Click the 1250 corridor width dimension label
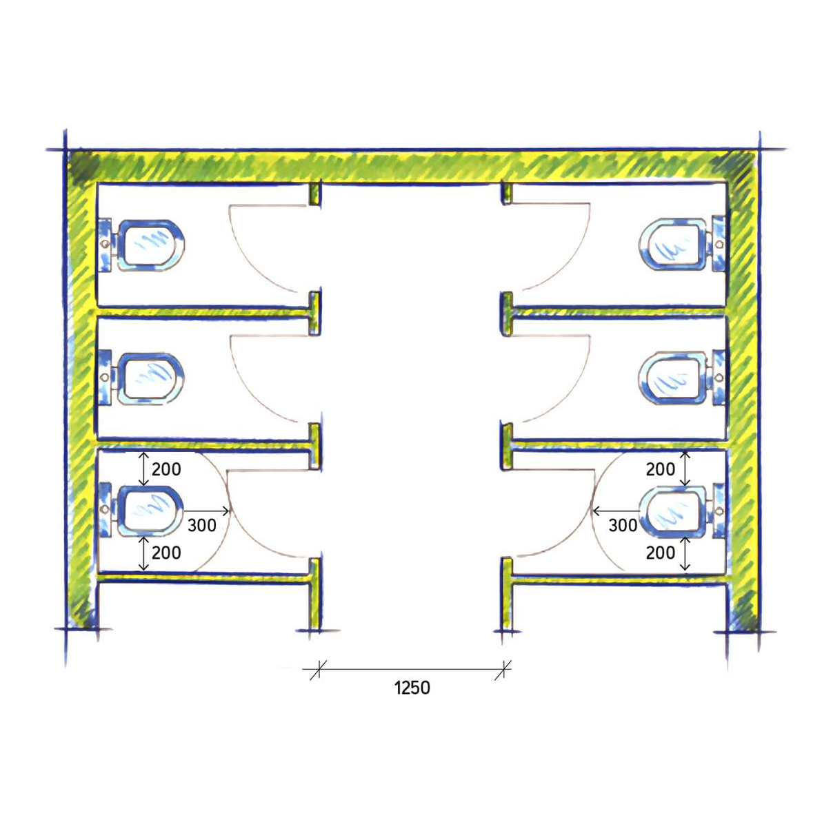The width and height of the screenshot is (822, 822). coord(412,687)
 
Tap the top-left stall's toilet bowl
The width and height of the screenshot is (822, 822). coord(150,245)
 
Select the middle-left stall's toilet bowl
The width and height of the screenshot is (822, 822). coord(150,378)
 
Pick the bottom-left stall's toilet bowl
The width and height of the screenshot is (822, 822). coord(150,511)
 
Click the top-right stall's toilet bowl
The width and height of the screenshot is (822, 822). coord(673,245)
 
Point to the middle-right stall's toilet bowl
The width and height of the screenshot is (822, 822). coord(673,378)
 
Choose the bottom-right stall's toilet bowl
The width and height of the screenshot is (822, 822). coord(674,512)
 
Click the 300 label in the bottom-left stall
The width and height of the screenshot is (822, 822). coord(202,525)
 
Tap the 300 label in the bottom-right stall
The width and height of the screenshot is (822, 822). coord(623,525)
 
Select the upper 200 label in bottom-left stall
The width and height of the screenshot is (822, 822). coord(166,469)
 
